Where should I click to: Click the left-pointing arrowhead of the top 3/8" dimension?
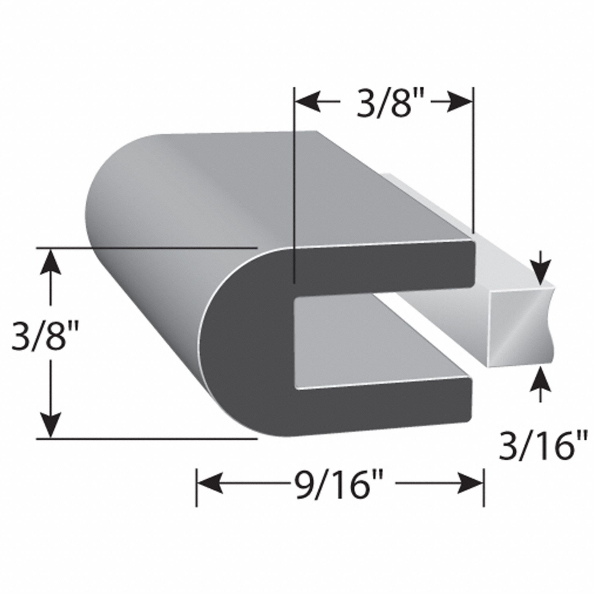[x=307, y=103]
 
